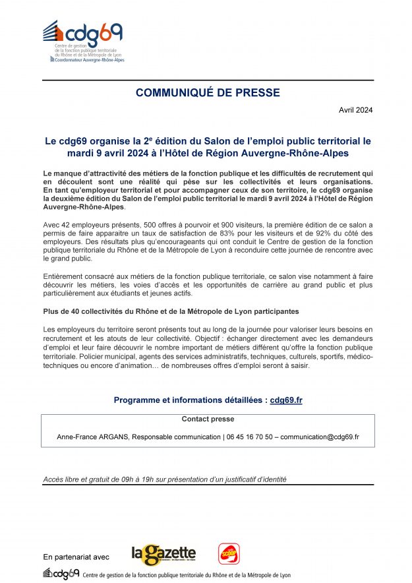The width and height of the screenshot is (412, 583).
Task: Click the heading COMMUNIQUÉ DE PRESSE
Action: click(x=208, y=93)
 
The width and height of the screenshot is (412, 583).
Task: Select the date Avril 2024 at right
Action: click(x=355, y=109)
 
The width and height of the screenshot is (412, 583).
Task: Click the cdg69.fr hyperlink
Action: click(x=286, y=400)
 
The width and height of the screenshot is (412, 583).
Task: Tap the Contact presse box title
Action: click(x=208, y=419)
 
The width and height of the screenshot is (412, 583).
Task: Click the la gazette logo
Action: click(x=163, y=555)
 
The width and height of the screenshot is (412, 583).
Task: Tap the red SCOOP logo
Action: click(x=229, y=553)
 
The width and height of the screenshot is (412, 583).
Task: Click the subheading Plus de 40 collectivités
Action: click(x=171, y=310)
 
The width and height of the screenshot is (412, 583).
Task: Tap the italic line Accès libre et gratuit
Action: click(x=165, y=479)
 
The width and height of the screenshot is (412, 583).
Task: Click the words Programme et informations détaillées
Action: click(x=190, y=400)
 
